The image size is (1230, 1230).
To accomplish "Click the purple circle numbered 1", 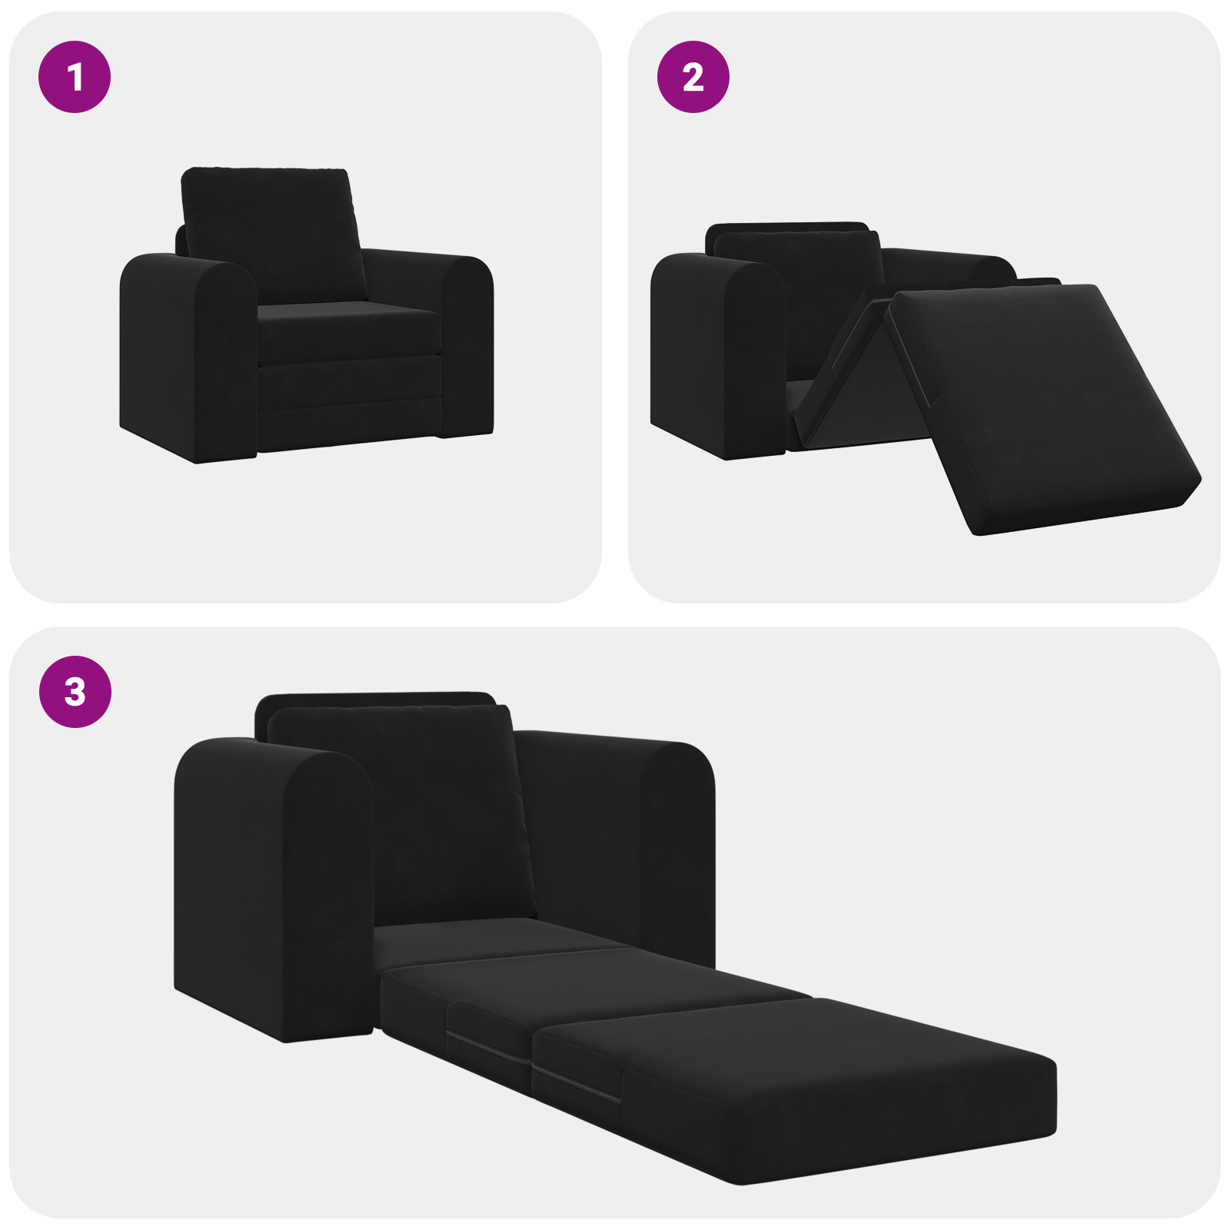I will coord(75,77).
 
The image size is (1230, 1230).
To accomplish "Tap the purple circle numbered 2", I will coord(693,77).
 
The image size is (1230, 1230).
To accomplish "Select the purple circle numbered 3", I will coord(75,691).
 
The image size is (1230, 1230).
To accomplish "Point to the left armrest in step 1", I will coord(188,354).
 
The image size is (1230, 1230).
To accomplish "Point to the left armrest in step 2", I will coord(715,354).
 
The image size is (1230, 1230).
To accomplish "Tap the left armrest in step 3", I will coord(269,884).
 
